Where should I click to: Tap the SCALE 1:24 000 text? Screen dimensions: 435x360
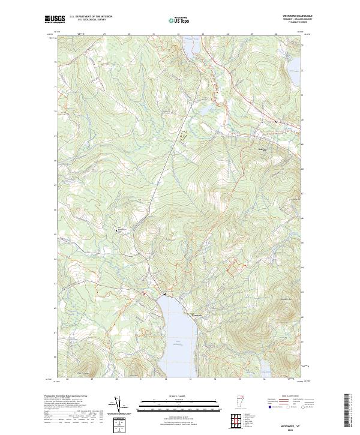(175, 397)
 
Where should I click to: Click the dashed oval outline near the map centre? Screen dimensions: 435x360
(184, 134)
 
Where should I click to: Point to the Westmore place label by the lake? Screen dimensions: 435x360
(199, 316)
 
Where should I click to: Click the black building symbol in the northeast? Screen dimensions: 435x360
(276, 121)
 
